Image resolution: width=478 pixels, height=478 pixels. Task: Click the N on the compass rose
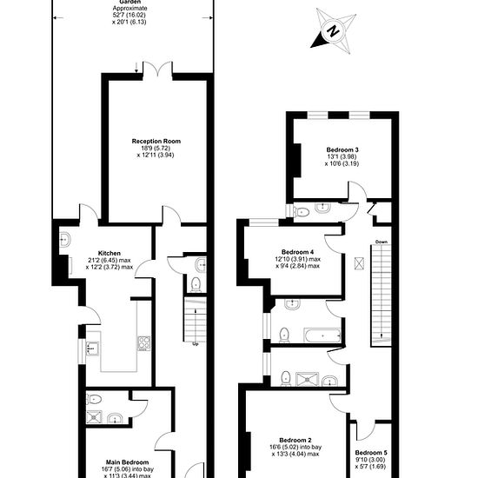pyautogui.click(x=333, y=30)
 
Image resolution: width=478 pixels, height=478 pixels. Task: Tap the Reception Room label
pyautogui.click(x=156, y=141)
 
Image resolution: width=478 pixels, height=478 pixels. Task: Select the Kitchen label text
pyautogui.click(x=110, y=253)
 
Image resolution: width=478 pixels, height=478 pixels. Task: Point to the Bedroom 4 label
pyautogui.click(x=297, y=252)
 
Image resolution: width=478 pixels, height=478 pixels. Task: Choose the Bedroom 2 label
pyautogui.click(x=295, y=441)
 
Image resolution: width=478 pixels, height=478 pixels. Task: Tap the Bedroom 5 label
pyautogui.click(x=371, y=453)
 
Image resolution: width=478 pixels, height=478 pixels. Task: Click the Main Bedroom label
pyautogui.click(x=128, y=462)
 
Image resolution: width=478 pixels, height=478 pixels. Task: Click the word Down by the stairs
pyautogui.click(x=382, y=242)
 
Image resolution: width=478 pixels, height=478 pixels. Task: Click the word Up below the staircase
pyautogui.click(x=196, y=344)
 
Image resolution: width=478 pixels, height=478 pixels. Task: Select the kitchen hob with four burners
pyautogui.click(x=144, y=343)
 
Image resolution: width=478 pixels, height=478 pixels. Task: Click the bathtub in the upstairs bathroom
pyautogui.click(x=322, y=335)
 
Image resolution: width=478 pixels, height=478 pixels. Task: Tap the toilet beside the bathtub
pyautogui.click(x=284, y=335)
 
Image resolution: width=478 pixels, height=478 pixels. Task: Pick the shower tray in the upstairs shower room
pyautogui.click(x=308, y=379)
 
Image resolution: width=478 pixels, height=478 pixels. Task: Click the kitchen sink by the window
pyautogui.click(x=93, y=349)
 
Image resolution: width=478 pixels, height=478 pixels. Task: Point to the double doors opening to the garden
pyautogui.click(x=157, y=69)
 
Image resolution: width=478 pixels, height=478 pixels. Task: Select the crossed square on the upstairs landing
pyautogui.click(x=359, y=263)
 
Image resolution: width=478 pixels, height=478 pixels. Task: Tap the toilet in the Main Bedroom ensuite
pyautogui.click(x=94, y=399)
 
